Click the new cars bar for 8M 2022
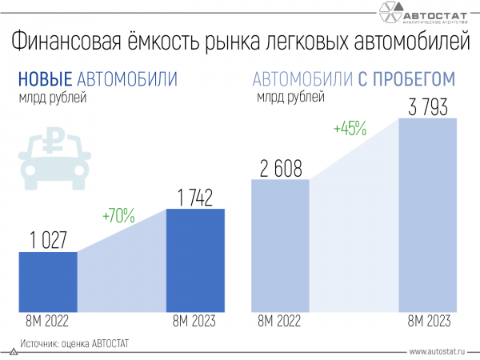tap(47, 282)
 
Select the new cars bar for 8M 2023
tap(195, 261)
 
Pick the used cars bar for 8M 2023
tap(428, 216)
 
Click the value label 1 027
tap(47, 239)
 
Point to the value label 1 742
tap(195, 197)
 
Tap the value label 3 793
tap(428, 106)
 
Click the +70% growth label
tap(118, 215)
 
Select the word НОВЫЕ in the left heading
tap(46, 79)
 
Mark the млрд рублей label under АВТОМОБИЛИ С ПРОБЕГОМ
tap(290, 98)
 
